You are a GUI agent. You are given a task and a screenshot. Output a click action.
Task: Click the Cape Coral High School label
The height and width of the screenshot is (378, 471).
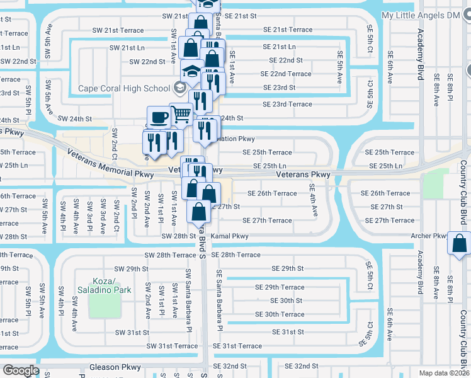(x=124, y=88)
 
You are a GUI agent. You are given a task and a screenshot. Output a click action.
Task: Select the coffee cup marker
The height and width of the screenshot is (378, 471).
(x=157, y=117)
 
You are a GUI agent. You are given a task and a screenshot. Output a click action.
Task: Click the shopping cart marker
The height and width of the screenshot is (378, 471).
(x=181, y=114)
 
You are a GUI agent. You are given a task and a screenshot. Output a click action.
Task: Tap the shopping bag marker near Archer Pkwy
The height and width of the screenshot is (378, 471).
(x=460, y=243)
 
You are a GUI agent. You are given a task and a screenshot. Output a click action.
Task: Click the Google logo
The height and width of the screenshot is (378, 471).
(x=21, y=370)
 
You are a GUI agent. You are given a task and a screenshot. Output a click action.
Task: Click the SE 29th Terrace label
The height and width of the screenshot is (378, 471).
(x=280, y=287)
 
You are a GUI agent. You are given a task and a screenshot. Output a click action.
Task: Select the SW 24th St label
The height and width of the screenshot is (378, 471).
(x=75, y=118)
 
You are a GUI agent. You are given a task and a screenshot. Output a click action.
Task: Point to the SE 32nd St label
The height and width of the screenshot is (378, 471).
(x=301, y=366)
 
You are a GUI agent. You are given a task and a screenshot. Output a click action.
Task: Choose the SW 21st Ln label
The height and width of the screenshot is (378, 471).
(x=127, y=47)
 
